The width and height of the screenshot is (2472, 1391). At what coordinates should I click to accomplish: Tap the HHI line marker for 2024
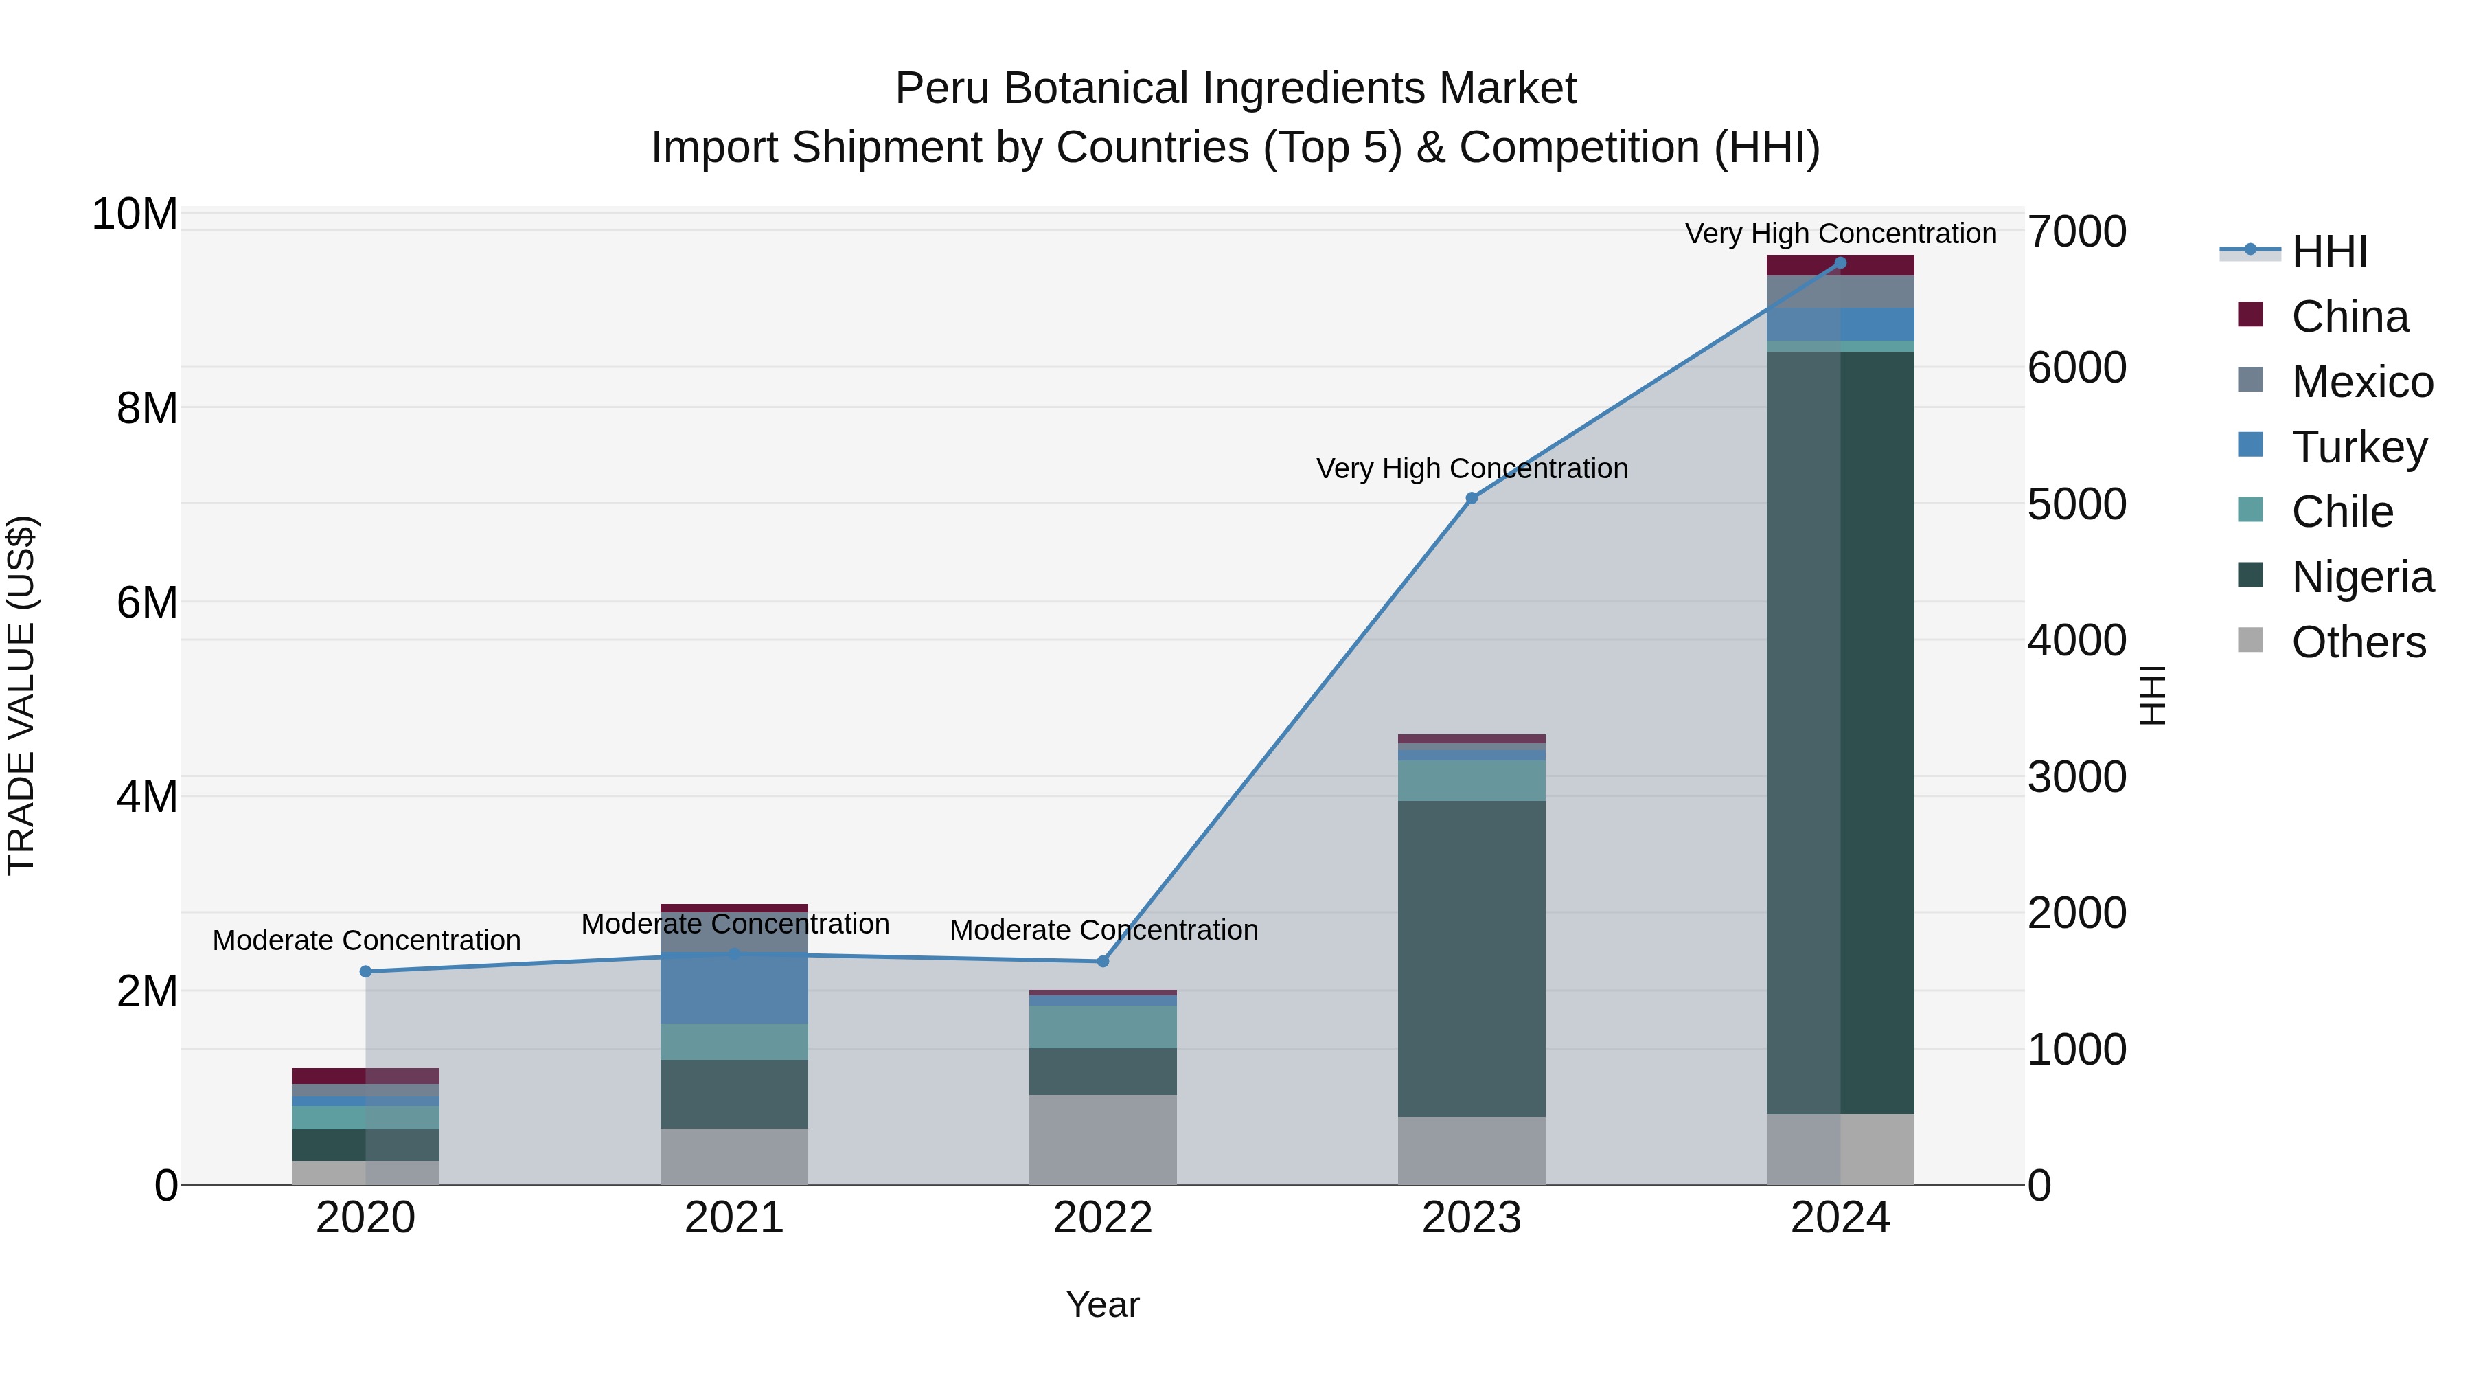point(1840,263)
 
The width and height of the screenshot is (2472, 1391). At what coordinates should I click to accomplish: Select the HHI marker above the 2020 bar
point(365,971)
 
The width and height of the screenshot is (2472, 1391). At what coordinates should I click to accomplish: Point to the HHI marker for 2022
point(1103,961)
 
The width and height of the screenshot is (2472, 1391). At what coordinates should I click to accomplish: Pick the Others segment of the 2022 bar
point(1103,1140)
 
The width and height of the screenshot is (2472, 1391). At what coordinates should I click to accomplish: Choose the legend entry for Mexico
point(2361,382)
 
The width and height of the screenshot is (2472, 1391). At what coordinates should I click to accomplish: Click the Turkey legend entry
point(2358,447)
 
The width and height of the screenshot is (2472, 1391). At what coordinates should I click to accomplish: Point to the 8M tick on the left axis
point(147,408)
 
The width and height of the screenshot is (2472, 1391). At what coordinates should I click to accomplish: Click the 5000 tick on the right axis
point(2076,504)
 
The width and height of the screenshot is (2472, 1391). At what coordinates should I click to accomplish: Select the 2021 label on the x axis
point(734,1218)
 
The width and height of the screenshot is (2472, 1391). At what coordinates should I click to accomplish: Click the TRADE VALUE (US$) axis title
point(21,695)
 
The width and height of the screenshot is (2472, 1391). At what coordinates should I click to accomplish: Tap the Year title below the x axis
point(1103,1304)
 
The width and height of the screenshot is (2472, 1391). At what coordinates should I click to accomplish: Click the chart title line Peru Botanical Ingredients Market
point(1235,89)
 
